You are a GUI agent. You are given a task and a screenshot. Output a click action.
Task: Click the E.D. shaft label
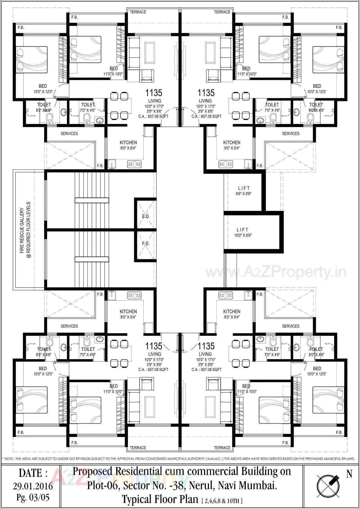146,216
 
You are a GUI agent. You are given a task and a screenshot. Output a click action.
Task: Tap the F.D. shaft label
146,244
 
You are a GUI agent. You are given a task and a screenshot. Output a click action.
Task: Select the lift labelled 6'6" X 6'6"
244,191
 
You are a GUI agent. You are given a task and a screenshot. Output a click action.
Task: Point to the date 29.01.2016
33,486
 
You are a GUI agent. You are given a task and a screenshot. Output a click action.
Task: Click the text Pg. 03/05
33,497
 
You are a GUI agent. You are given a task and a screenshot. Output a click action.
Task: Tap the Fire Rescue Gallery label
25,230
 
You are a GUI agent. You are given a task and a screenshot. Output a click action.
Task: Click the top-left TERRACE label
138,12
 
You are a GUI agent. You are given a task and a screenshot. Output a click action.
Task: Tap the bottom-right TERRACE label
222,448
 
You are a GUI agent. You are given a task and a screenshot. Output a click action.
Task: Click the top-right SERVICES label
291,134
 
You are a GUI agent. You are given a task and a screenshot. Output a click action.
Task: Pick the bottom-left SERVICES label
69,326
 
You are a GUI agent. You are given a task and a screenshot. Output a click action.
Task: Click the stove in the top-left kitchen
134,164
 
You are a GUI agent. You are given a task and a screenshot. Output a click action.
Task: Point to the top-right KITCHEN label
232,143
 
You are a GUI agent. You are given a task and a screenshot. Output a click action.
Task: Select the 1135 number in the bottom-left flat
154,346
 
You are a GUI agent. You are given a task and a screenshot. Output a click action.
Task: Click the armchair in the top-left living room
147,75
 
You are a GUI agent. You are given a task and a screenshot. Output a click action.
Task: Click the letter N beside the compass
349,474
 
